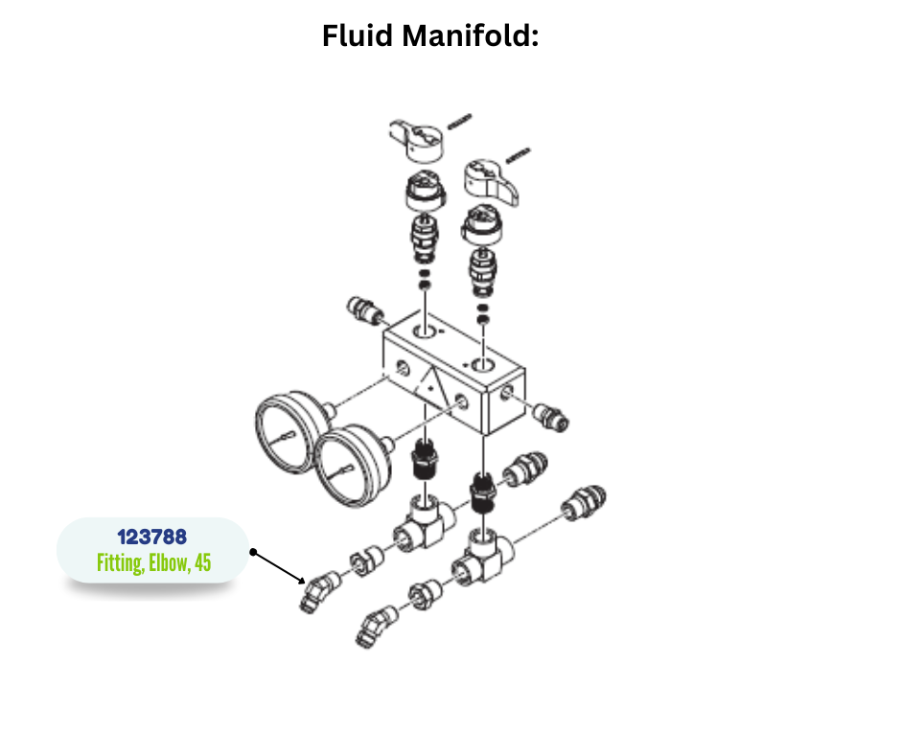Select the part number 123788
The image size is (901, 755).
pyautogui.click(x=151, y=537)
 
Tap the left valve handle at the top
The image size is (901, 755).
pyautogui.click(x=419, y=138)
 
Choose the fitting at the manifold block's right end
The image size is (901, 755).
pyautogui.click(x=551, y=416)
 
